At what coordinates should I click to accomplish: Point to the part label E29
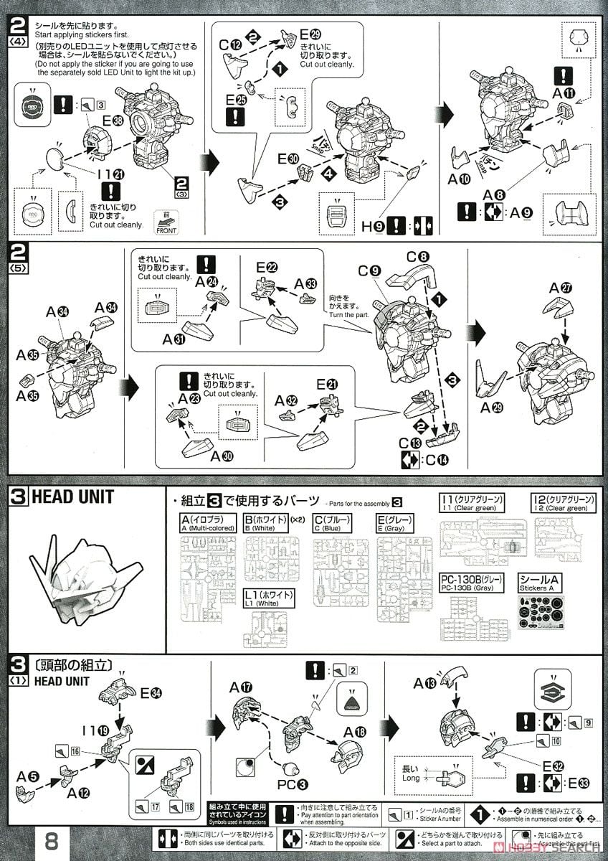pos(310,34)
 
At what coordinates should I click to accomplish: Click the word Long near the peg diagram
pos(412,778)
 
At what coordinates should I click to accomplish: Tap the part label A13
pos(422,684)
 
